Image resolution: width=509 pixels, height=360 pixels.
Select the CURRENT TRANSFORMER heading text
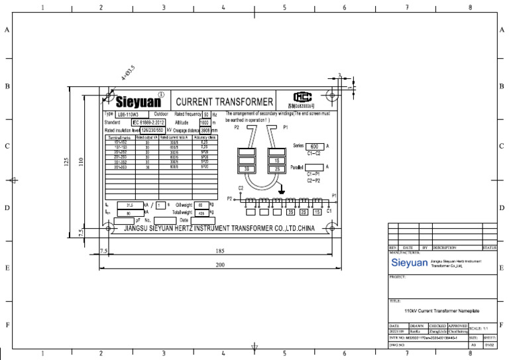(223, 102)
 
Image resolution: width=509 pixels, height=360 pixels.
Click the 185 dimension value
(220, 251)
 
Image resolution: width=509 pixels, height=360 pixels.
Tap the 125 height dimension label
(66, 162)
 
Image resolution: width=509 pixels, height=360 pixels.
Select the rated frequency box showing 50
(205, 115)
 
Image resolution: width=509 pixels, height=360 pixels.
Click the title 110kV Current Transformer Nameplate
(441, 310)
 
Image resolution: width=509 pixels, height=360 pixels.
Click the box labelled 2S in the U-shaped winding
(275, 170)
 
